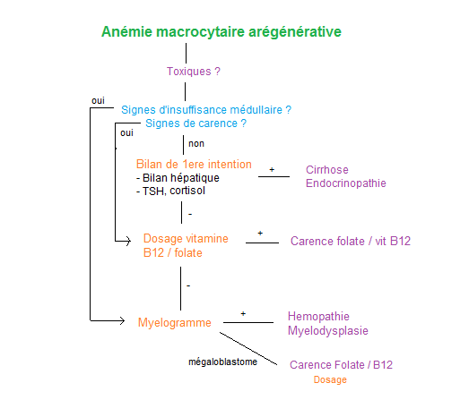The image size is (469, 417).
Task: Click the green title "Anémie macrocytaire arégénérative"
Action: coord(221,32)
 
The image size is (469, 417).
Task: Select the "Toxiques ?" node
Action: coord(194,72)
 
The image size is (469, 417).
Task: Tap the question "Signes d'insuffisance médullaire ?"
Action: coord(206,110)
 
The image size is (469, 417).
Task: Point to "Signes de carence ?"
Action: coord(195,123)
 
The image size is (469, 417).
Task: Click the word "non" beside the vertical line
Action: coord(196,144)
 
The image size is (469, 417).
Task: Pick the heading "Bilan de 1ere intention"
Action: coord(194,164)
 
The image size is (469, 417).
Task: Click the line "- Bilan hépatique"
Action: coord(178,178)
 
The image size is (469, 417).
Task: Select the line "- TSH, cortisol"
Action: coord(170,191)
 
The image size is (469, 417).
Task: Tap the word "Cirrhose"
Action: coord(327,170)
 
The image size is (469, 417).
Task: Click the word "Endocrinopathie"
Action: coord(346,183)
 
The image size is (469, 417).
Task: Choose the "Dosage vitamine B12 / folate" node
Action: coord(186,246)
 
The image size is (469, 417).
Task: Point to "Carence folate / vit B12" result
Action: coord(351,242)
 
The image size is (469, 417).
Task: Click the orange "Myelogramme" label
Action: coord(174,323)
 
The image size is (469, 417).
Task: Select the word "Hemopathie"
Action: coord(318,316)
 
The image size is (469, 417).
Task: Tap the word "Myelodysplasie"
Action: coord(328,330)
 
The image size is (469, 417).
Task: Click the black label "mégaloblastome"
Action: coord(222,362)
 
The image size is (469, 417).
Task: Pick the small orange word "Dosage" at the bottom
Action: coord(330,379)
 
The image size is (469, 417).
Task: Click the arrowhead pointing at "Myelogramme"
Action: coord(123,321)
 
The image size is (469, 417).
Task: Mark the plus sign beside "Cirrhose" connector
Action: coord(272,169)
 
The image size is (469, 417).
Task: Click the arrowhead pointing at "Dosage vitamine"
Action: coord(128,241)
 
